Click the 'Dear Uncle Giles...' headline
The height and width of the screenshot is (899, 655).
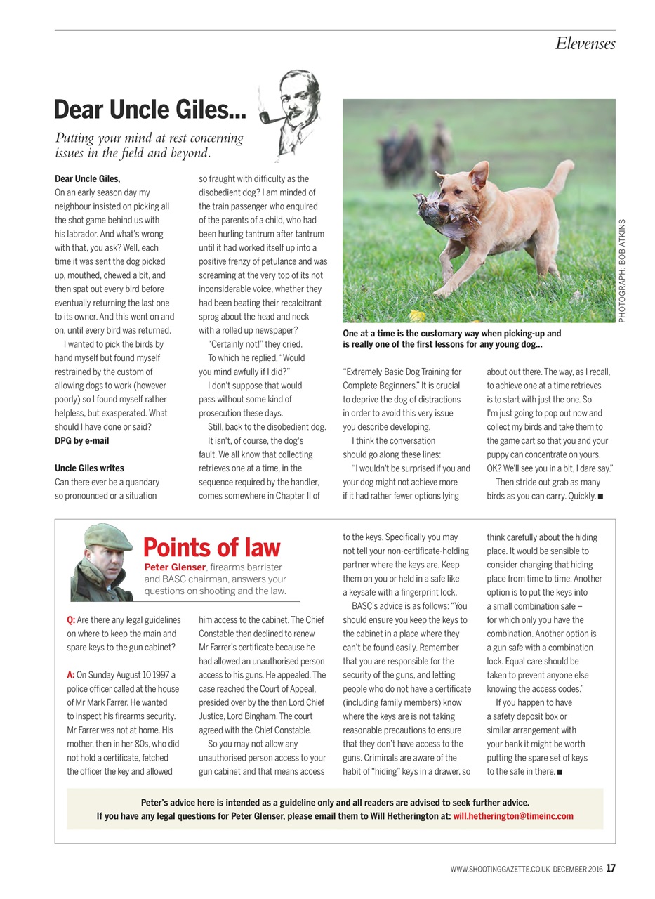[150, 110]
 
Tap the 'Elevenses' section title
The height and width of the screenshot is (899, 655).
[585, 44]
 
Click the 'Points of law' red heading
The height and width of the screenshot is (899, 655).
[211, 547]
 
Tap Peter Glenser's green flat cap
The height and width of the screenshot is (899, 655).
[107, 537]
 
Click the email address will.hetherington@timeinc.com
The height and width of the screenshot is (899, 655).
[512, 816]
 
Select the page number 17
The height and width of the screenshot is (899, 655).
[611, 868]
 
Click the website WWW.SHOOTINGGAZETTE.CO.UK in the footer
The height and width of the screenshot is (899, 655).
[500, 870]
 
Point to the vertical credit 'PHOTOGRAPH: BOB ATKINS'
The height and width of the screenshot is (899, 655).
[622, 271]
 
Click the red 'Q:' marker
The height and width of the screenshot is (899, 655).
[71, 620]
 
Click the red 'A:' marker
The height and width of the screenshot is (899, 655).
[71, 675]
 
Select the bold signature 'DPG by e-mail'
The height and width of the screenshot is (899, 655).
[81, 441]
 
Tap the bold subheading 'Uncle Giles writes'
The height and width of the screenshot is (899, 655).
[89, 468]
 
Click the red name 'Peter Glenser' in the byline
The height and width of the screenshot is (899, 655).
[175, 567]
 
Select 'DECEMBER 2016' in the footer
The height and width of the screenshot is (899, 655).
[578, 870]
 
